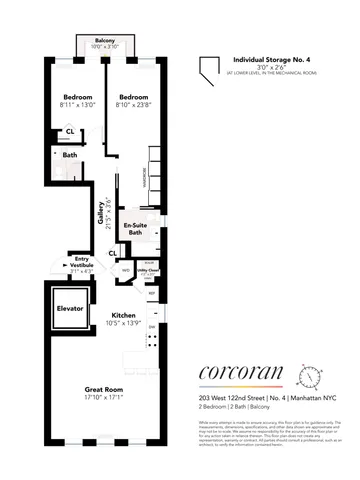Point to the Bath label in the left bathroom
pos(70,155)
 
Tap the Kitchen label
pos(124,313)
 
